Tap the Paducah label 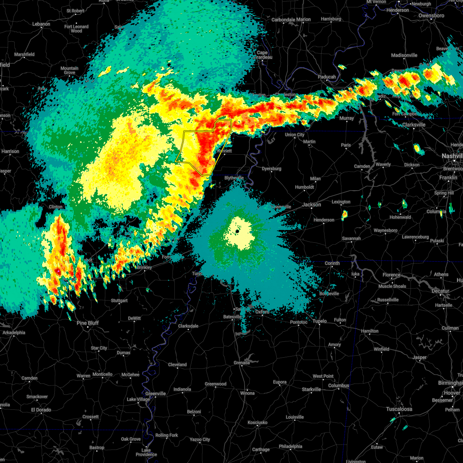(x=326, y=77)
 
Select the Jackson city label (x=311, y=204)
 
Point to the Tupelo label (x=319, y=321)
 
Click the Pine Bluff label (x=88, y=323)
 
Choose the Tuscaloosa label (x=399, y=409)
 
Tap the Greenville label (x=155, y=394)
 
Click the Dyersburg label (x=271, y=169)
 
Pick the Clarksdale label (x=188, y=326)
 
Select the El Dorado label (x=41, y=410)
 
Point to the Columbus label (x=338, y=385)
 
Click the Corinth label (x=332, y=263)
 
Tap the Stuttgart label (x=119, y=301)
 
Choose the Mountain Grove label (x=69, y=70)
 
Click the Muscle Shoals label (x=392, y=286)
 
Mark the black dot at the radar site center (x=237, y=231)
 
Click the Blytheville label (x=234, y=178)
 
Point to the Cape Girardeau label (x=262, y=55)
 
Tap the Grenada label (x=242, y=363)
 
